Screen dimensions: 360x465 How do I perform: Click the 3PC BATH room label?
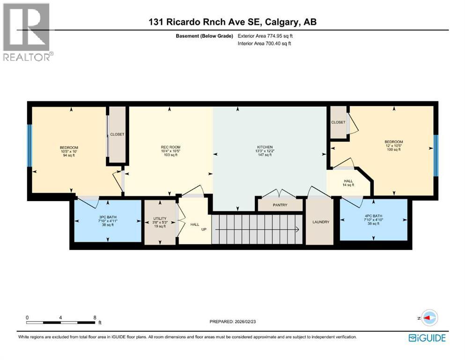coord(106,217)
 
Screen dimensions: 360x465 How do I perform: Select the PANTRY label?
coord(280,205)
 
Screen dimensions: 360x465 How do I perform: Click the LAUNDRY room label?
coord(319,222)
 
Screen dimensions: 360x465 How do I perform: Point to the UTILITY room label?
coord(160,218)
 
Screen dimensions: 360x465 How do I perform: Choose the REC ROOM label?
coord(170,147)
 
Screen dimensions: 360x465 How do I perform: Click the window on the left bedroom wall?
coord(30,146)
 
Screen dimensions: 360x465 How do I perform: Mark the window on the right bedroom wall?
coord(435,155)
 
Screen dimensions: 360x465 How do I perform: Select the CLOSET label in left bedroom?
coord(117,135)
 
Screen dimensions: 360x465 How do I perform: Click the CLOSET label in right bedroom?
coord(338,122)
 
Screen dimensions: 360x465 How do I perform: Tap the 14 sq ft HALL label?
coord(348,183)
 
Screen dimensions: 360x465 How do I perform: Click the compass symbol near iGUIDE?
coord(429,318)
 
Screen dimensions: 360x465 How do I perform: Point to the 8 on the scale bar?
coord(95,317)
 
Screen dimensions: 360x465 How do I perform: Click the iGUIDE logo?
coord(427,337)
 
